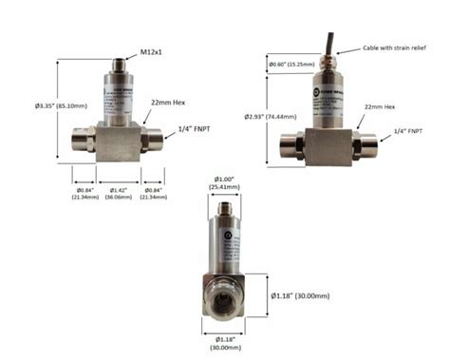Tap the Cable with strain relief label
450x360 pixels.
(395, 49)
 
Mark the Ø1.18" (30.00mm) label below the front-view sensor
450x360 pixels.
(225, 344)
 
